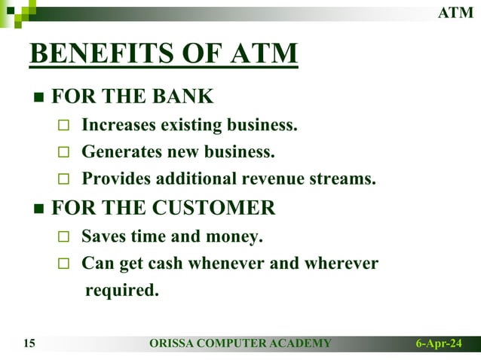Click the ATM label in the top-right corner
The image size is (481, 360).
coord(456,13)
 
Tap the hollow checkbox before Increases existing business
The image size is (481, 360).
coord(64,125)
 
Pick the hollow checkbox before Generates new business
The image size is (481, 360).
coord(64,153)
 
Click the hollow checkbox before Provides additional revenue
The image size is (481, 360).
coord(64,180)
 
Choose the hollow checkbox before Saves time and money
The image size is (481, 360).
coord(64,237)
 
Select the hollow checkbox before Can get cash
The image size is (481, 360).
coord(64,264)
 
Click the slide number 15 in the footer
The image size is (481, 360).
coord(30,344)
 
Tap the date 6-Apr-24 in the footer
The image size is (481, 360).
coord(440,344)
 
